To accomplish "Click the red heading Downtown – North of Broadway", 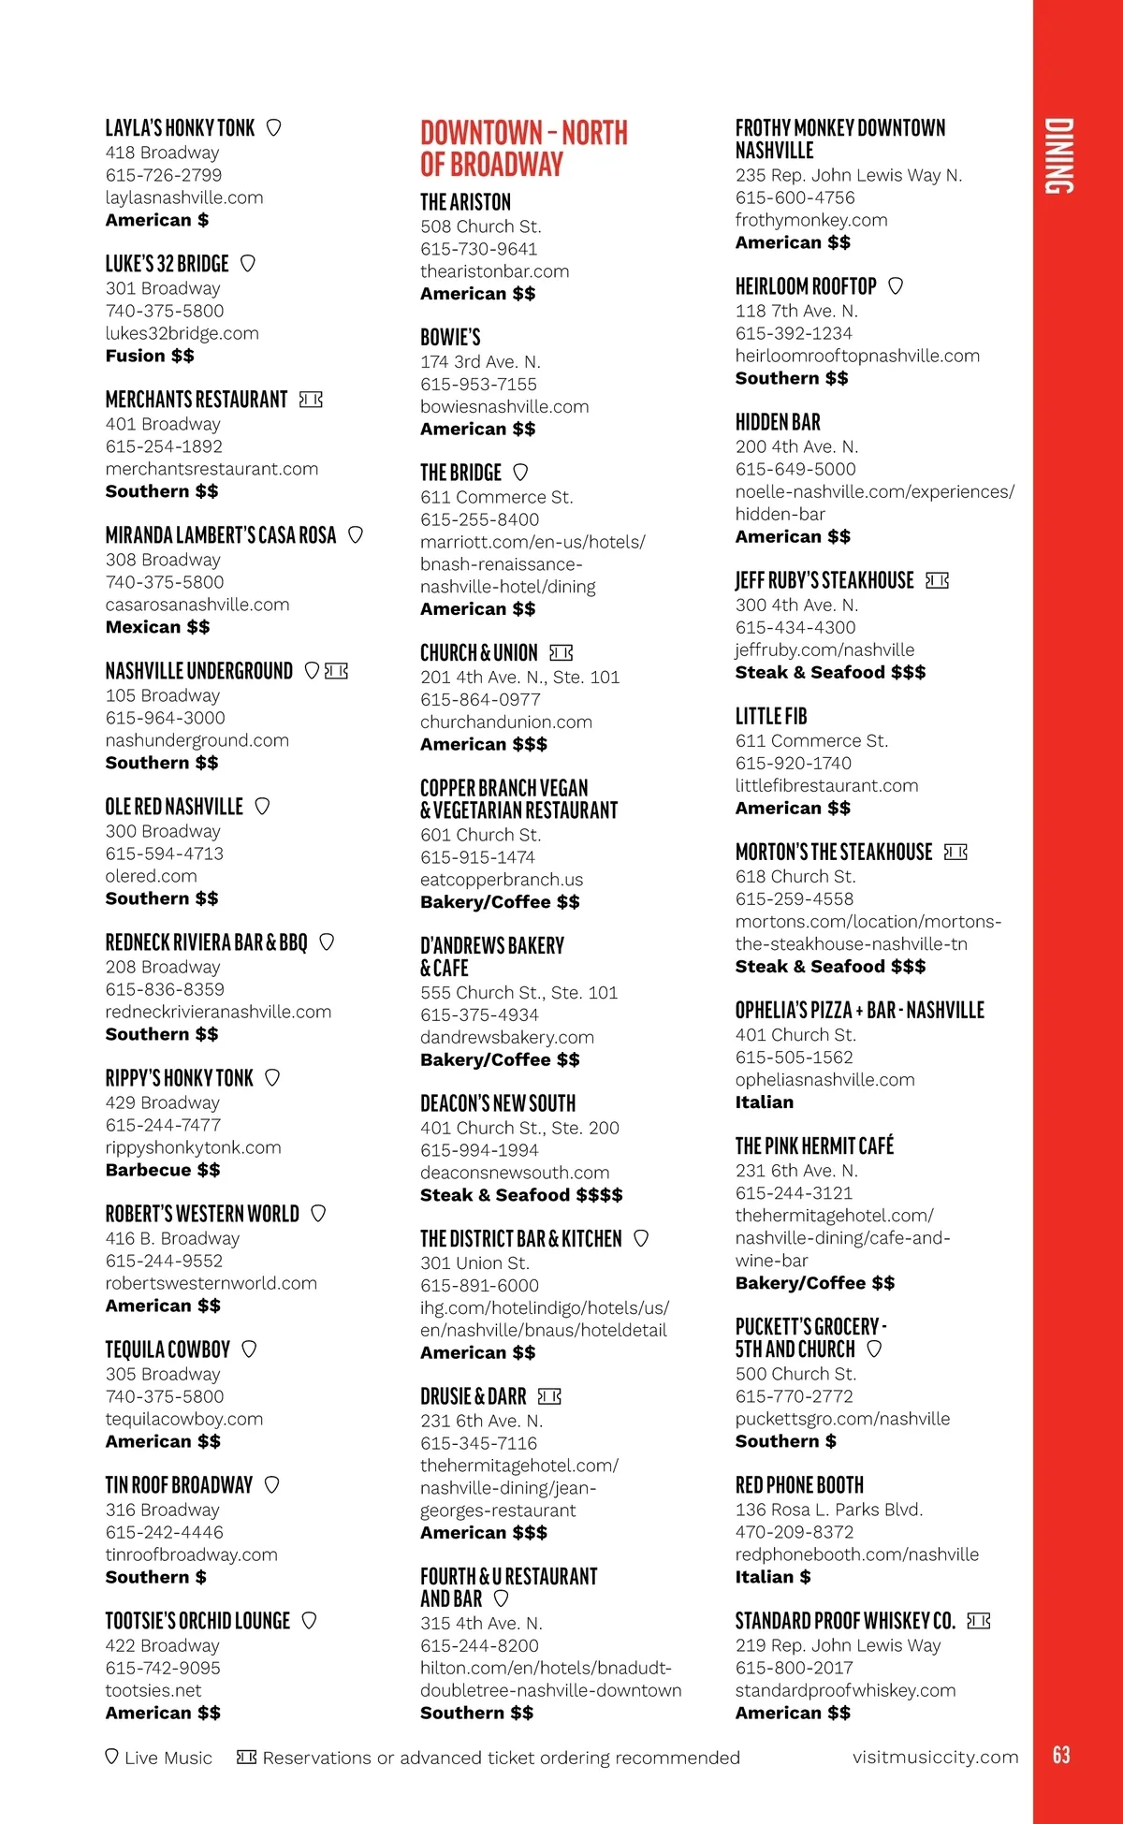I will tap(524, 148).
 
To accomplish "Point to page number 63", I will tap(1061, 1755).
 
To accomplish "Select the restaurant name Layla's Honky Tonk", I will tap(180, 128).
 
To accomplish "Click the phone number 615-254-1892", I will tap(164, 446).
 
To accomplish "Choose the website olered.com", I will tap(152, 876).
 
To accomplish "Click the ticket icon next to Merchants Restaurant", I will tap(311, 401).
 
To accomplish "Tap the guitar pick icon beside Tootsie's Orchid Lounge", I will tap(310, 1620).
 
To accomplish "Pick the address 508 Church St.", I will tap(481, 226).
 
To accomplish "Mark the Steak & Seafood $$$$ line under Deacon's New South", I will tap(521, 1195).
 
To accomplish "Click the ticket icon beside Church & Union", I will tap(561, 652).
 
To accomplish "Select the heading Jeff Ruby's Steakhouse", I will tap(824, 580).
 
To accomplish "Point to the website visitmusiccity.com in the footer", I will tap(935, 1758).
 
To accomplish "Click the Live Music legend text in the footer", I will tap(168, 1758).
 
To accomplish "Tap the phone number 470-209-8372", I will tap(795, 1532).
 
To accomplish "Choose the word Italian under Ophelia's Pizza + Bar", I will tap(765, 1102).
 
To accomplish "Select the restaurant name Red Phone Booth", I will tap(799, 1485).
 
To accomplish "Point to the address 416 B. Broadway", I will tap(172, 1238).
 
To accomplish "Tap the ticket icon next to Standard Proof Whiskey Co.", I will tap(979, 1621).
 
